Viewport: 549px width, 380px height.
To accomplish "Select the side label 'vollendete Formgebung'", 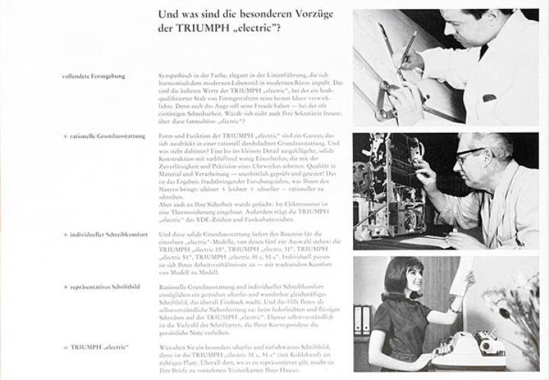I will pyautogui.click(x=95, y=76).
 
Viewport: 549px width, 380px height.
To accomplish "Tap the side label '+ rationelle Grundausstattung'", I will pyautogui.click(x=101, y=134).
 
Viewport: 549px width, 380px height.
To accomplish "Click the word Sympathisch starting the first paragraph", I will pyautogui.click(x=175, y=76).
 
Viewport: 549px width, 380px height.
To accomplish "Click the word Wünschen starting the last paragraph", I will pyautogui.click(x=173, y=347).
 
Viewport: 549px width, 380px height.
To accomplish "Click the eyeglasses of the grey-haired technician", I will pyautogui.click(x=470, y=155).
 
